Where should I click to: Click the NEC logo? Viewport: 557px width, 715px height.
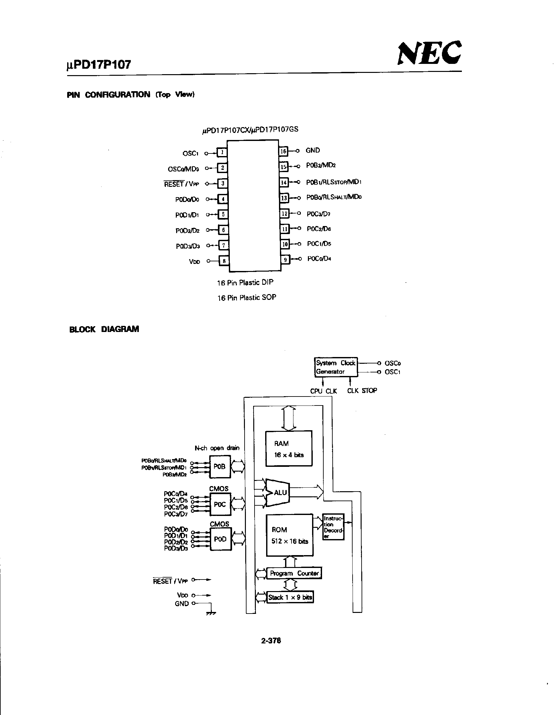(429, 53)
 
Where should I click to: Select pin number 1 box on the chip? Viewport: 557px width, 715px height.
(222, 152)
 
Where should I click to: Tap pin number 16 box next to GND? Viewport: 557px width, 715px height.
(283, 151)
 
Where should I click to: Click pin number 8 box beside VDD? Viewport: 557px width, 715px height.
(224, 261)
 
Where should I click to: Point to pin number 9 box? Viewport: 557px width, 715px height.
(285, 260)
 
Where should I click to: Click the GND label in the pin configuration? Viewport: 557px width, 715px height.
(313, 150)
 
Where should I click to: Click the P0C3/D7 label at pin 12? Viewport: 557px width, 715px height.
(318, 214)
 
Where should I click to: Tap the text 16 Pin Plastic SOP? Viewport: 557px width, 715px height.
(247, 298)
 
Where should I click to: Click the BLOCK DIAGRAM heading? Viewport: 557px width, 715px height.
(104, 329)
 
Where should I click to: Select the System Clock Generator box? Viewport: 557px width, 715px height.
(335, 367)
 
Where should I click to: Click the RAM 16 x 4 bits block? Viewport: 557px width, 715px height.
(289, 449)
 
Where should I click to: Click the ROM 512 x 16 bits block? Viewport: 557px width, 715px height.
(289, 535)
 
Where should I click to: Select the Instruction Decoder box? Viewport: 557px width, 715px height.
(333, 527)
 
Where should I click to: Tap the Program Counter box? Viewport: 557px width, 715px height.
(294, 573)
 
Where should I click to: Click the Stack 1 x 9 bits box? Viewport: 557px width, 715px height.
(290, 597)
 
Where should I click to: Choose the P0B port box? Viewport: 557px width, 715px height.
(220, 466)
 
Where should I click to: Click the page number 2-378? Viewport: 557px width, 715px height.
(271, 641)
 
